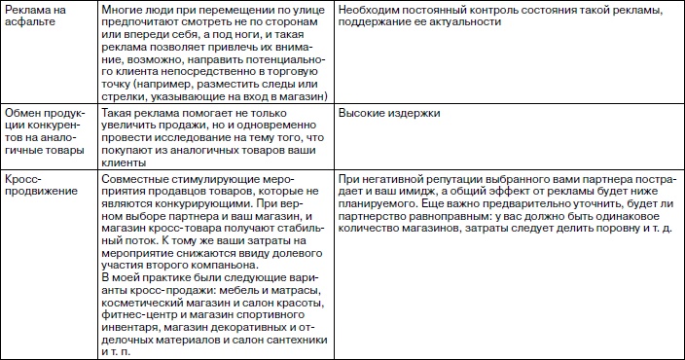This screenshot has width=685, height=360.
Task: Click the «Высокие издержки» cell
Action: (389, 114)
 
